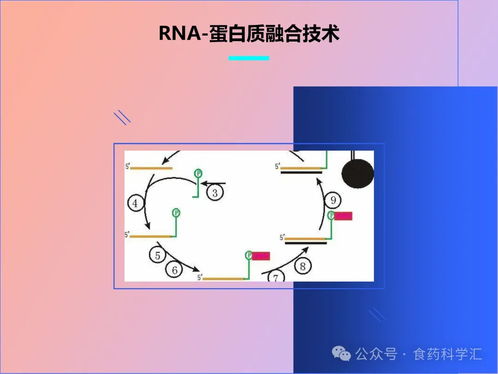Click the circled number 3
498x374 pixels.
(x=215, y=192)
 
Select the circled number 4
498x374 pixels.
(x=135, y=203)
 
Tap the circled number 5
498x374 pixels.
(x=158, y=255)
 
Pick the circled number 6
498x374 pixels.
(x=174, y=270)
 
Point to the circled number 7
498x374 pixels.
(x=276, y=277)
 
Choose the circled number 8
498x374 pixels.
(x=302, y=266)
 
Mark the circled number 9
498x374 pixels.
(x=333, y=200)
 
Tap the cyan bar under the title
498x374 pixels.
(x=249, y=58)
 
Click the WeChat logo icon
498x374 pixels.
(x=342, y=354)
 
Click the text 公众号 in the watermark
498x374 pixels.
(x=376, y=354)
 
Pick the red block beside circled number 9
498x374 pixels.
(x=343, y=216)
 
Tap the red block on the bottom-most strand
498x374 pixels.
(x=261, y=255)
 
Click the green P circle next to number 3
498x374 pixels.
(x=198, y=173)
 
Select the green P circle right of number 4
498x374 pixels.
(x=176, y=212)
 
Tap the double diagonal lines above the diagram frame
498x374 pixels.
(x=122, y=117)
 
